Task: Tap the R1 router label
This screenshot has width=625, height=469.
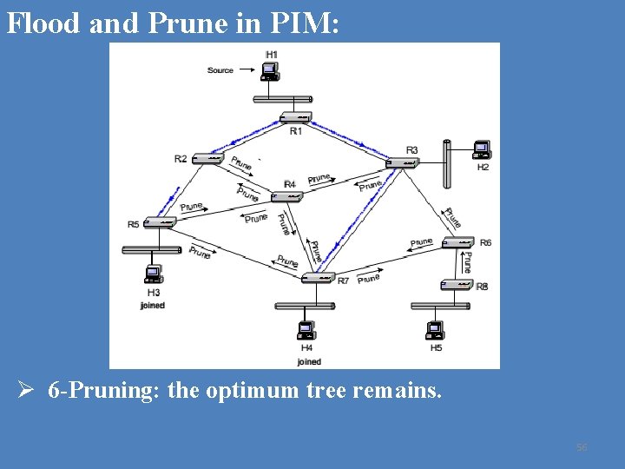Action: point(296,131)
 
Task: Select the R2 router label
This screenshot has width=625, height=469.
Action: point(181,158)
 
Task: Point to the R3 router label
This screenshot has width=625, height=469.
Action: point(411,150)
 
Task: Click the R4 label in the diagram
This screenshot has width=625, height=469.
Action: point(290,184)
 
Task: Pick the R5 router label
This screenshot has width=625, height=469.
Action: point(134,224)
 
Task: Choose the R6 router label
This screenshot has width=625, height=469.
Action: point(485,242)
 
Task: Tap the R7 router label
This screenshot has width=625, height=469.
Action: point(343,281)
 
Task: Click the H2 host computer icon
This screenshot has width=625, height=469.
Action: point(480,150)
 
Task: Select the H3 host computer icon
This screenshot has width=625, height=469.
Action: point(153,274)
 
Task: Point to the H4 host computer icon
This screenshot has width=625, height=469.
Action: point(306,331)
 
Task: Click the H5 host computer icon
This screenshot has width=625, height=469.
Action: point(435,331)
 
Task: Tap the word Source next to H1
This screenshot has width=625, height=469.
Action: point(220,70)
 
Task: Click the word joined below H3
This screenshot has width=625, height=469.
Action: point(152,306)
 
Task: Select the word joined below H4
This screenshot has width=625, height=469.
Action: point(309,361)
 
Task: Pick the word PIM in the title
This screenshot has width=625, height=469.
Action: point(305,23)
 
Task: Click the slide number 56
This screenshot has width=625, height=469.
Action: point(582,447)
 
